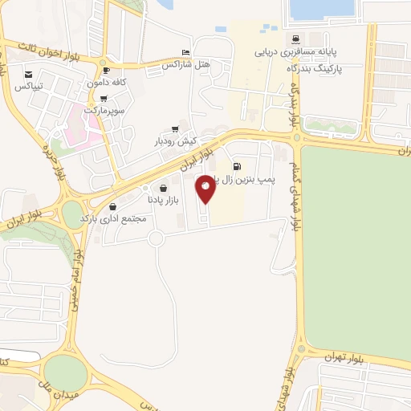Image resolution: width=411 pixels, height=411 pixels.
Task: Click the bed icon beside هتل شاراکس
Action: [186, 51]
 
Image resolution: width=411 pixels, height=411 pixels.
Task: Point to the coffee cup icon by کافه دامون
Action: [106, 71]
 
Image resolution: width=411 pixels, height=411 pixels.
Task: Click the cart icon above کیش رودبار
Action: [175, 129]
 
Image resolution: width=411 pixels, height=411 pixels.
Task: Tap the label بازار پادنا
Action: [164, 199]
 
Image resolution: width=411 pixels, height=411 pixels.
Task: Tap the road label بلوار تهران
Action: [345, 356]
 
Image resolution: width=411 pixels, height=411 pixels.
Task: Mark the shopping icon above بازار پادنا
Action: [164, 188]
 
